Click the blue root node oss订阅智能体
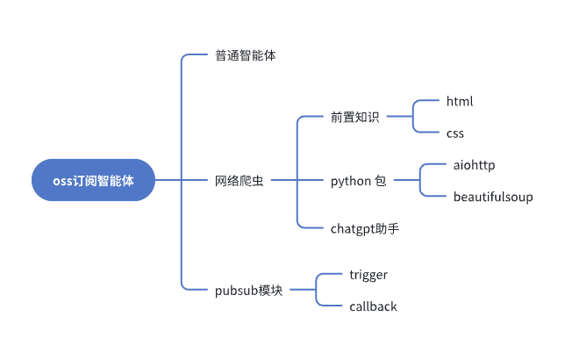point(93,180)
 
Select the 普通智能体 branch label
point(247,55)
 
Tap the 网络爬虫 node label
point(239,181)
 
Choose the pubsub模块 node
point(249,290)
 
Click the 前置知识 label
point(354,117)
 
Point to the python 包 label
point(358,181)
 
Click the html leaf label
point(460,101)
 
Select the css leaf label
point(454,133)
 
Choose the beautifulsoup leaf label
point(493,197)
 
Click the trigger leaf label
point(368,275)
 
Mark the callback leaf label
point(373,306)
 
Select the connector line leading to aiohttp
point(433,164)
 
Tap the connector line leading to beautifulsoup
point(433,197)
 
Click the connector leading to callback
point(328,306)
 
